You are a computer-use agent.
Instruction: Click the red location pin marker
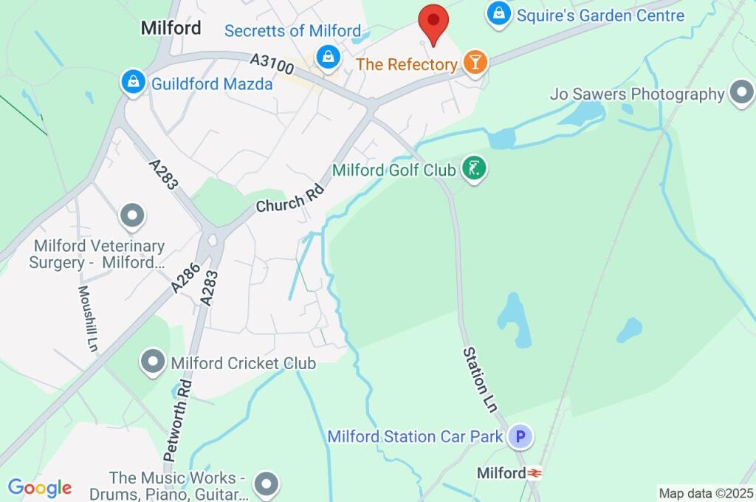pos(433,22)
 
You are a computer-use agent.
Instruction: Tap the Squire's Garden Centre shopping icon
pos(500,13)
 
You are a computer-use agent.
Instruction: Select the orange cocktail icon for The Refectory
pos(475,63)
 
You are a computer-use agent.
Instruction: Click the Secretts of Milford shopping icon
pos(327,55)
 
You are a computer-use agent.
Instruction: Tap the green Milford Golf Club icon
pos(472,169)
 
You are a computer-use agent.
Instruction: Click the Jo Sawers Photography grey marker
pos(740,94)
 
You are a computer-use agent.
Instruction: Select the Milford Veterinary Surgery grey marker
pos(133,216)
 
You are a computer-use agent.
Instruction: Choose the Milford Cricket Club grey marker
pos(153,362)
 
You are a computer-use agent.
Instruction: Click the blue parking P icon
pos(520,436)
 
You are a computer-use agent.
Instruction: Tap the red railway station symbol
pos(535,473)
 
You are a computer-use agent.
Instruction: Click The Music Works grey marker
pos(267,484)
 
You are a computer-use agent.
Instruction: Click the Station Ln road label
pos(481,379)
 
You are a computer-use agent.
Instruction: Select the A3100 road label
pos(272,63)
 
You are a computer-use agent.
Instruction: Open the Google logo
pos(40,488)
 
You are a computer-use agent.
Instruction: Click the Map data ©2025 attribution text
pos(706,493)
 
